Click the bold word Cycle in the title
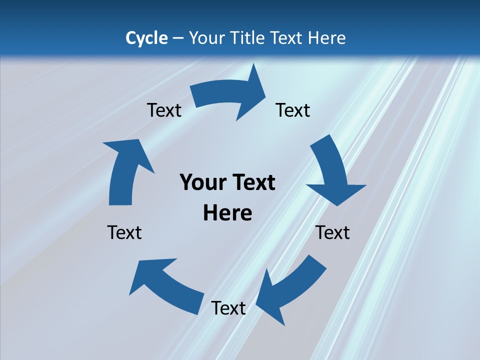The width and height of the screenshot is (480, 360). coord(146,38)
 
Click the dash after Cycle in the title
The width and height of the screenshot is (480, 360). coord(178,38)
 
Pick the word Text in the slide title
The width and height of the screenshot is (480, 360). coord(287,38)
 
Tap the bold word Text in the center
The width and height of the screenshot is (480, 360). coord(251,183)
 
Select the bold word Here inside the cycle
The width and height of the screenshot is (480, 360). coord(227,213)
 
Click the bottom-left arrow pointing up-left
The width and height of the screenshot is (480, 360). coord(165,285)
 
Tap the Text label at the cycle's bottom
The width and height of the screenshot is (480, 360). coord(228,308)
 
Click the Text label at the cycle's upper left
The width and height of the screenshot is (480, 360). coord(164,110)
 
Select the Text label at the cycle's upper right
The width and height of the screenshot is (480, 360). coord(293,110)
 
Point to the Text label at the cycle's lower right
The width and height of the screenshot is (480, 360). coord(333,232)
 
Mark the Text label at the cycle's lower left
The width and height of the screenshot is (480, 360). coord(124,232)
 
